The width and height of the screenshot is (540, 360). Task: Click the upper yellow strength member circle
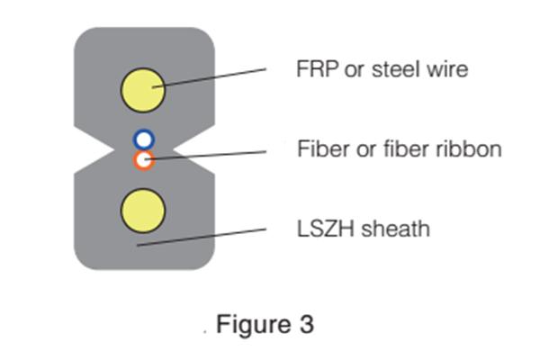tap(143, 89)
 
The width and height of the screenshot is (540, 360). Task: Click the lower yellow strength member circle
tap(143, 210)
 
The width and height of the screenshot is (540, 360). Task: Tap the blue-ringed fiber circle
tap(144, 139)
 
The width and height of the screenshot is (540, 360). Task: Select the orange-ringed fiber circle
tap(144, 160)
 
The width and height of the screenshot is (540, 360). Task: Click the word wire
tap(446, 68)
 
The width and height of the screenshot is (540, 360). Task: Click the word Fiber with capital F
tap(319, 148)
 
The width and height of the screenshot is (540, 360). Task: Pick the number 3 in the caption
tap(306, 324)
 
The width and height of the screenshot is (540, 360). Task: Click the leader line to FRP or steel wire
tap(216, 76)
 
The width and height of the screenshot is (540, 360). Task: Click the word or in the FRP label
tap(353, 68)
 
